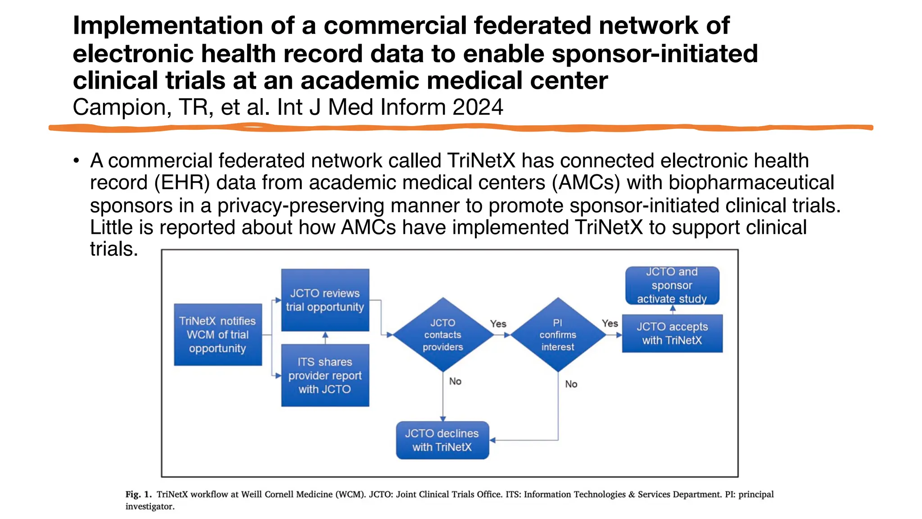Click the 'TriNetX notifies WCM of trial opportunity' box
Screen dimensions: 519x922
(x=218, y=335)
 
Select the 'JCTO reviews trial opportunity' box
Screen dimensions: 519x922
(x=325, y=300)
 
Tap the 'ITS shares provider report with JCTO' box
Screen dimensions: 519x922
(x=325, y=375)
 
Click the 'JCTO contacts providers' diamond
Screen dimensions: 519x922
(x=443, y=335)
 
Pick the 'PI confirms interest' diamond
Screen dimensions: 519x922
(x=558, y=335)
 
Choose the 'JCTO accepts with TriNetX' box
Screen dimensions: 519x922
(x=672, y=333)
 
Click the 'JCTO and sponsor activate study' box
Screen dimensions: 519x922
(x=672, y=286)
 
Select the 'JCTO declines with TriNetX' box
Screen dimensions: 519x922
(x=442, y=440)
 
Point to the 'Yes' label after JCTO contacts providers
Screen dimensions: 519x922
(x=498, y=324)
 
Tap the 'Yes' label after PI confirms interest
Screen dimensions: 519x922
(x=610, y=323)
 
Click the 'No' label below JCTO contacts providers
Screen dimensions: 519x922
(x=455, y=382)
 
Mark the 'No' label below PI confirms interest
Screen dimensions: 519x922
(x=571, y=384)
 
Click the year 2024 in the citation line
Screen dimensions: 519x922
(x=478, y=108)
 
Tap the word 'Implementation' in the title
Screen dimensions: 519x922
(x=167, y=26)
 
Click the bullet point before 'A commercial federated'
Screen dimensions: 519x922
(x=77, y=161)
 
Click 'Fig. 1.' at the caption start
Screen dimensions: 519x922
(x=138, y=494)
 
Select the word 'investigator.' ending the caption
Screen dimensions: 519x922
(x=149, y=506)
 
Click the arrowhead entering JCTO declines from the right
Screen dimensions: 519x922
(x=493, y=440)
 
